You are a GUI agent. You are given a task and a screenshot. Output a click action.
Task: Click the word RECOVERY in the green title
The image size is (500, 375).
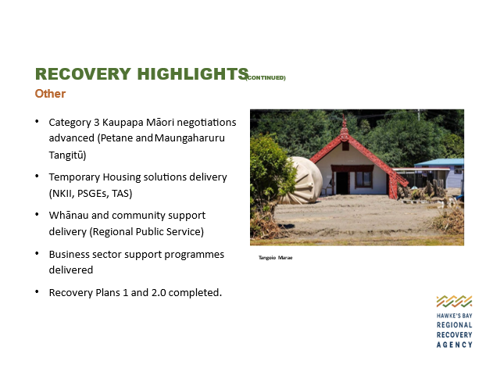(x=83, y=74)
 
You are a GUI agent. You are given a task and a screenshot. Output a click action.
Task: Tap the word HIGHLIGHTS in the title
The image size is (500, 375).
(x=193, y=74)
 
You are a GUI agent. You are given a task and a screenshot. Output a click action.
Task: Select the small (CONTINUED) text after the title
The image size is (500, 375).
(x=266, y=78)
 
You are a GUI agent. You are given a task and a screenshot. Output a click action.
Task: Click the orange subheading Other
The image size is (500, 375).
(x=50, y=94)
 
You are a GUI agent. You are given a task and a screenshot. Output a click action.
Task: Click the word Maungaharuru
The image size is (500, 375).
(x=190, y=138)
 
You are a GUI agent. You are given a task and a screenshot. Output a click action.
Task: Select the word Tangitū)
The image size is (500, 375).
(x=67, y=155)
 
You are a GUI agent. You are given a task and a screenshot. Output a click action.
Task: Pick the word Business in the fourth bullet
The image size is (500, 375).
(x=69, y=255)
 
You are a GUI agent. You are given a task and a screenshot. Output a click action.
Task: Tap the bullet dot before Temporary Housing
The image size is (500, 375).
(x=37, y=176)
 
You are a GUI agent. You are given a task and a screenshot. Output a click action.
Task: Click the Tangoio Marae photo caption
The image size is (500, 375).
(x=276, y=258)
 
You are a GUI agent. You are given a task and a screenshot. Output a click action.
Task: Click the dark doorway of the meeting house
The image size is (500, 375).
(x=342, y=183)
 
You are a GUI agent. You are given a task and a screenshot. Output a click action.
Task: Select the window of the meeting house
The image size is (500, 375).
(x=364, y=179)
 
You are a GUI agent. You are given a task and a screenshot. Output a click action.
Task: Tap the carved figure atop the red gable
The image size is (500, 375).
(x=344, y=129)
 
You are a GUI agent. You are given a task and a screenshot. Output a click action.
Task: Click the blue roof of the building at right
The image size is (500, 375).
(x=439, y=162)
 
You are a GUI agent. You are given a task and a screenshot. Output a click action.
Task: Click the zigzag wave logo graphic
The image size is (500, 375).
(x=455, y=302)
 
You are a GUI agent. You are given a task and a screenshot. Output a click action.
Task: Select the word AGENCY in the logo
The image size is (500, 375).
(x=455, y=345)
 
